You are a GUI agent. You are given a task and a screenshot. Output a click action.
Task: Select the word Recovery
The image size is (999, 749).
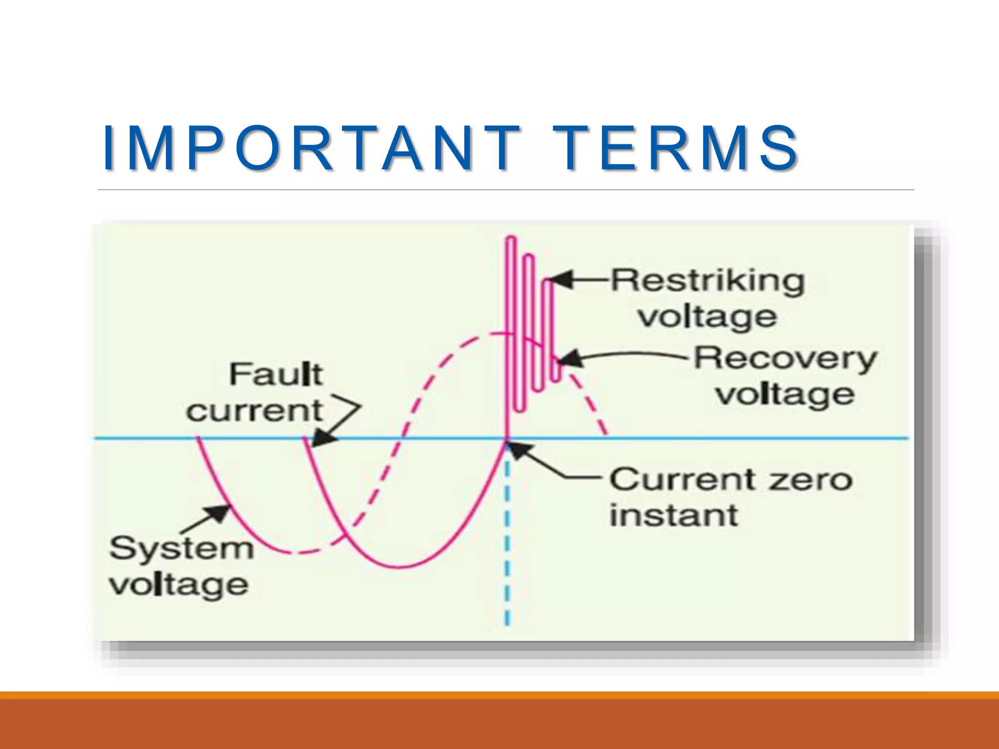click(785, 358)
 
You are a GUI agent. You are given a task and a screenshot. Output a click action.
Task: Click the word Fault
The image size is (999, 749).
click(276, 374)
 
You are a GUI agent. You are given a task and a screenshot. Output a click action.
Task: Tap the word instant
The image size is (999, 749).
click(674, 515)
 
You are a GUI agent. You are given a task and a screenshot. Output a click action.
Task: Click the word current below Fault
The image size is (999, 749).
click(255, 411)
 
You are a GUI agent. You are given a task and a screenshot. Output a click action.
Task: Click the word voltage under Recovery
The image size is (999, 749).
click(785, 395)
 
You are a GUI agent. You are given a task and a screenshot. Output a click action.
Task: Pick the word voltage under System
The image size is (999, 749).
click(179, 585)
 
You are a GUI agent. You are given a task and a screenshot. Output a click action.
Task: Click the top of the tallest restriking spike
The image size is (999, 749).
click(511, 238)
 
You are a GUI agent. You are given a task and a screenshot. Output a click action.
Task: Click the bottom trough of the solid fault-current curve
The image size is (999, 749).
click(399, 567)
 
